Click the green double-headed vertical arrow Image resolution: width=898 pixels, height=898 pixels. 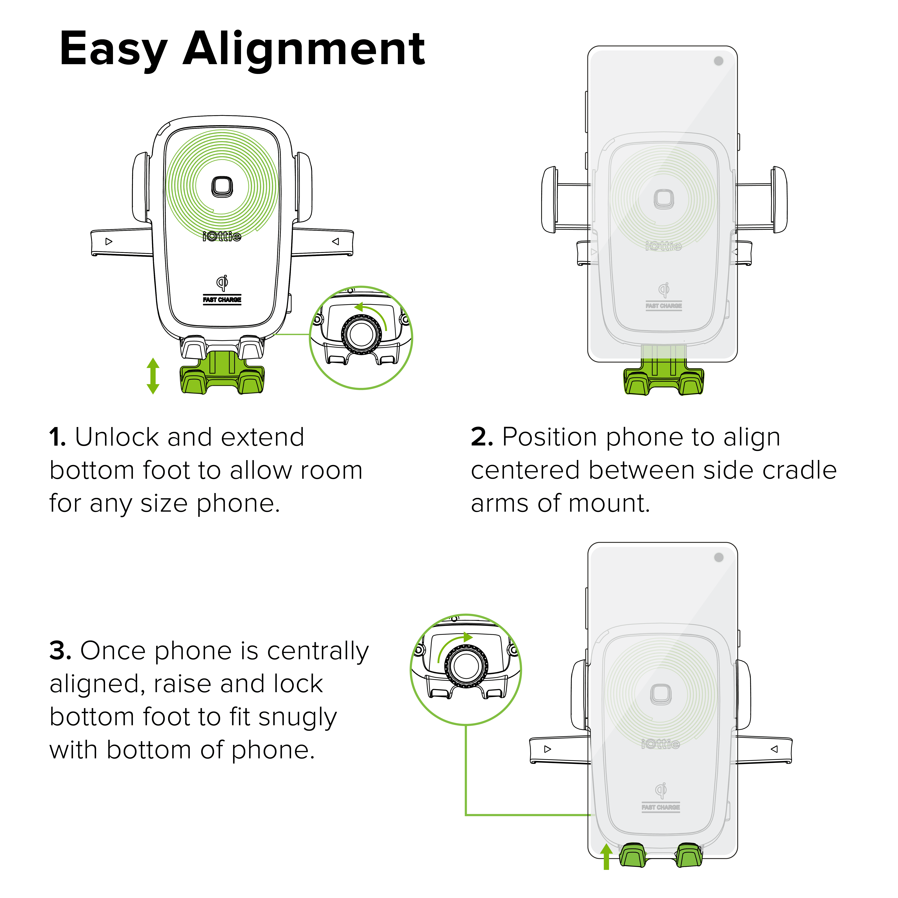(x=153, y=376)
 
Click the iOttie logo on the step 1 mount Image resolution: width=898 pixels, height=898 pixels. (x=222, y=237)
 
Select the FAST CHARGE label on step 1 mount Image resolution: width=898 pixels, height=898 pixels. (x=222, y=300)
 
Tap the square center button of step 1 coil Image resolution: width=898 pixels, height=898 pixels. (x=222, y=186)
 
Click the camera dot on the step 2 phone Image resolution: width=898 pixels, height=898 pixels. (x=719, y=61)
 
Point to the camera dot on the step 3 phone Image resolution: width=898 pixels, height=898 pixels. (x=719, y=557)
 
